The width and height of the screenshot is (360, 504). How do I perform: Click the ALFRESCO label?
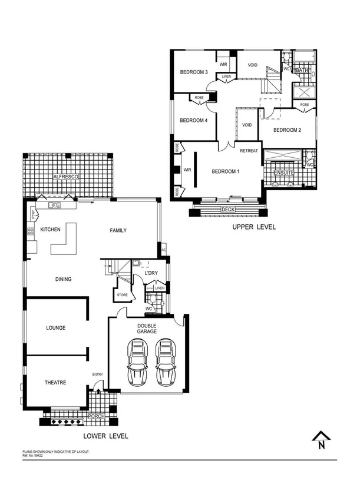66,177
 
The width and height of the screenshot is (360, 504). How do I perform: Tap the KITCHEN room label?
51,229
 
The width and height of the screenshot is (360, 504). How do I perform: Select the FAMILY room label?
118,230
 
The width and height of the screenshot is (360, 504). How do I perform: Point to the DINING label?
63,279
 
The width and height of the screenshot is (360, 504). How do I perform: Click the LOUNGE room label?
56,327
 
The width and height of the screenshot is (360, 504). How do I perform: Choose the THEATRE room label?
55,382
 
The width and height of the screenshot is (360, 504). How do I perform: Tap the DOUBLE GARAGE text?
147,329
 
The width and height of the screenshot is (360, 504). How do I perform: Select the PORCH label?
95,416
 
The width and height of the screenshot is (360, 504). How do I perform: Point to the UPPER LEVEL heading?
253,227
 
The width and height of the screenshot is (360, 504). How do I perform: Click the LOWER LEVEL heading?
105,436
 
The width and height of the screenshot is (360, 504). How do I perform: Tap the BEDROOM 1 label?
226,171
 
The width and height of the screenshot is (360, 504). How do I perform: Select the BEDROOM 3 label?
194,72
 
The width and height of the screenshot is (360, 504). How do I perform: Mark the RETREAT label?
249,151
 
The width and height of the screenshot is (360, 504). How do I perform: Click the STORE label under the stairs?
122,294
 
